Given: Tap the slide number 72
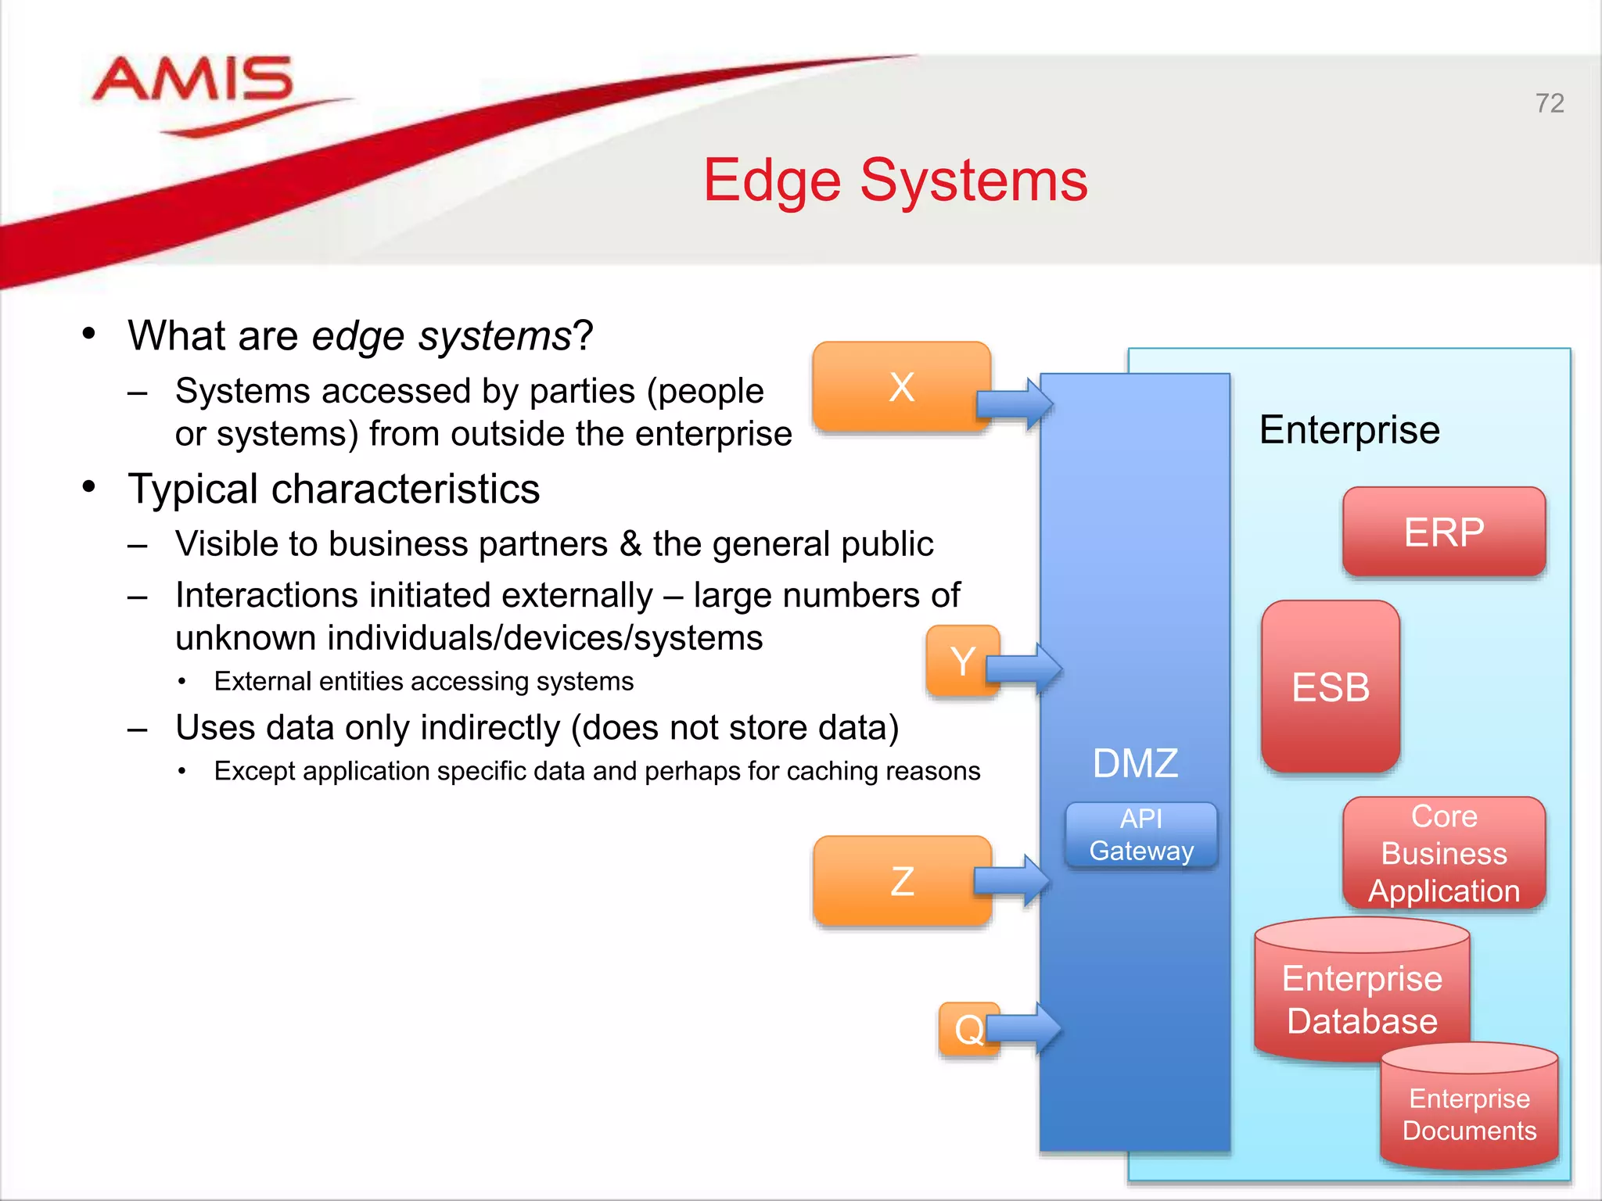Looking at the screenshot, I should click(1549, 103).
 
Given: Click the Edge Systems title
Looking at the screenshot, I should click(895, 181).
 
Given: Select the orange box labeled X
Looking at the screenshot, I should click(901, 387).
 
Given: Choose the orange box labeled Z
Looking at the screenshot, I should click(901, 881).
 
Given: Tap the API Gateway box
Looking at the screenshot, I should click(1141, 835).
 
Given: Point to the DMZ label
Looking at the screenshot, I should click(1135, 763).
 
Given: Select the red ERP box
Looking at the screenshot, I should click(1444, 532).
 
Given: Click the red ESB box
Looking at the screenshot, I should click(1331, 687).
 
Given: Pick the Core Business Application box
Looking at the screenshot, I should click(1444, 853).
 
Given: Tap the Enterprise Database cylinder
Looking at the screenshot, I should click(1362, 998).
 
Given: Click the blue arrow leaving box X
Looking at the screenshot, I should click(1015, 404).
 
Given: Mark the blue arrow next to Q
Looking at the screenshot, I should click(1025, 1028).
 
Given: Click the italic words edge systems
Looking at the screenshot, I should click(441, 336).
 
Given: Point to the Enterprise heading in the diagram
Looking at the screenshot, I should click(1349, 430).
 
